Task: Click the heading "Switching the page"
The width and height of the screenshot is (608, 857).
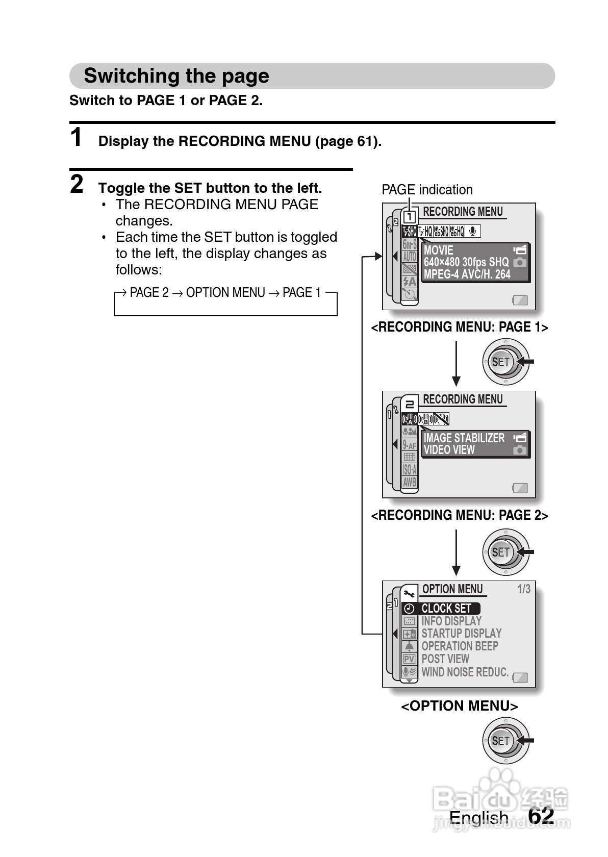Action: (x=176, y=76)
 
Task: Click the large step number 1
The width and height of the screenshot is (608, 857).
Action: (x=77, y=138)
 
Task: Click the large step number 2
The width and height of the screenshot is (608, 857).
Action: (x=77, y=184)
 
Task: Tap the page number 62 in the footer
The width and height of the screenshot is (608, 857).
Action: (x=541, y=816)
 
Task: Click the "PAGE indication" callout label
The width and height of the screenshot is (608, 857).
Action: (x=427, y=190)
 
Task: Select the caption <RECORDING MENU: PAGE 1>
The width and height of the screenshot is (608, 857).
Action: (x=459, y=327)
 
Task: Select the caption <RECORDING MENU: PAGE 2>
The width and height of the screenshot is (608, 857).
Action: (x=459, y=516)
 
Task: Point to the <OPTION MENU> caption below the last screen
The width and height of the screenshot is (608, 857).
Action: (x=459, y=706)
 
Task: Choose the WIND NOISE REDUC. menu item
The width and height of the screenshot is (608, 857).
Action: (x=465, y=672)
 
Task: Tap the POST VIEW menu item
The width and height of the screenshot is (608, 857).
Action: (x=445, y=659)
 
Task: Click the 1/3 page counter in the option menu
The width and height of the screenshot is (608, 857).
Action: (x=524, y=589)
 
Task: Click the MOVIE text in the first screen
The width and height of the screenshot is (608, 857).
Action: (x=438, y=250)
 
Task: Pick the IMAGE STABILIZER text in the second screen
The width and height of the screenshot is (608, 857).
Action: (x=464, y=438)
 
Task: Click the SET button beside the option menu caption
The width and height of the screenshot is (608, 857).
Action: (x=501, y=741)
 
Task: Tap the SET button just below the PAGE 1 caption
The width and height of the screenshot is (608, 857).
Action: (x=501, y=362)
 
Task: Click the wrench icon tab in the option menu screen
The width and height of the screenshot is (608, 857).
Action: (x=409, y=593)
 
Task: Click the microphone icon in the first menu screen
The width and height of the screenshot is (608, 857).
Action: (x=473, y=232)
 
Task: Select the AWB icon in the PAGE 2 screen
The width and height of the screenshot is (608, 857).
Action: (x=410, y=482)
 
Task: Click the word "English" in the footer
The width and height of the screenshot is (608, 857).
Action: (x=478, y=818)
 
